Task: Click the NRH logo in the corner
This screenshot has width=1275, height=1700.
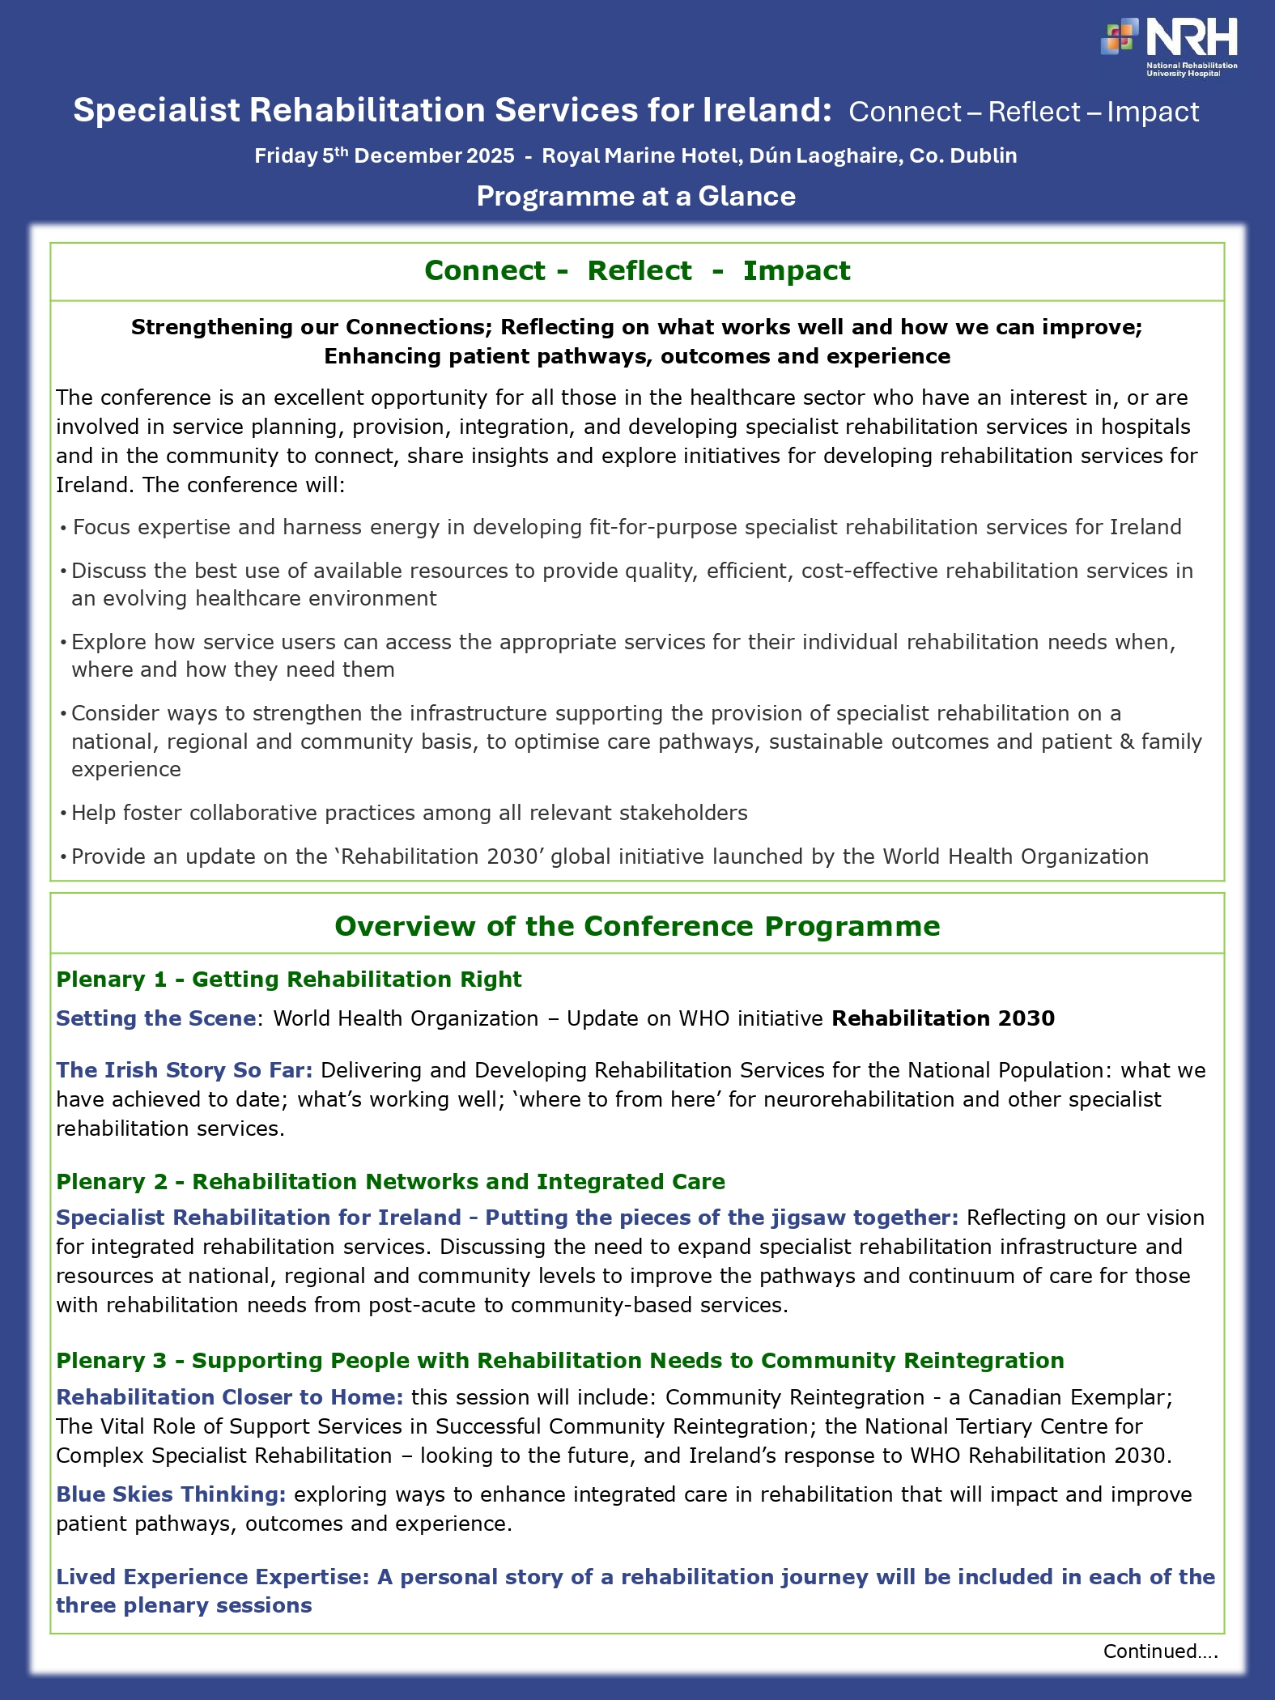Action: pos(1169,46)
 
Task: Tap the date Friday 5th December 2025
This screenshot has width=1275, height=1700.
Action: pos(384,155)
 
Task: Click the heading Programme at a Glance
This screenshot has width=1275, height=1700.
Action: pos(636,196)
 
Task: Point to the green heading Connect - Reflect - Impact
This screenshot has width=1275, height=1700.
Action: pos(637,270)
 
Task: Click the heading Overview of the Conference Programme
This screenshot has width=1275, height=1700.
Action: pos(637,926)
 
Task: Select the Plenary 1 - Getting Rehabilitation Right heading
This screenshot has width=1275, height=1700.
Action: pos(289,980)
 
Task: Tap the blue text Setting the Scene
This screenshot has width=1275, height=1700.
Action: pos(155,1018)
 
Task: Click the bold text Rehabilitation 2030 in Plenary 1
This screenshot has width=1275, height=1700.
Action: pos(943,1018)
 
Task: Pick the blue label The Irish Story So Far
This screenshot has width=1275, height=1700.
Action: pos(184,1070)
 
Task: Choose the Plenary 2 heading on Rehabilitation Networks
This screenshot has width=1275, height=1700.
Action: pos(390,1182)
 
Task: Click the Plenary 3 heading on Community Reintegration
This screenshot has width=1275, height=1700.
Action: pos(559,1361)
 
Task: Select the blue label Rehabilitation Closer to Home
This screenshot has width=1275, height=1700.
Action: pos(229,1397)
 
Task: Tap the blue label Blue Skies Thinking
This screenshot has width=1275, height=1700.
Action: pos(171,1494)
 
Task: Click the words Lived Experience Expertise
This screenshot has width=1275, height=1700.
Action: pos(212,1577)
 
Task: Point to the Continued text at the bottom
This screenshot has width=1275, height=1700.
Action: pos(1159,1651)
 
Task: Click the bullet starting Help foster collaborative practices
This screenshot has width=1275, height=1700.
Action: pos(409,813)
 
